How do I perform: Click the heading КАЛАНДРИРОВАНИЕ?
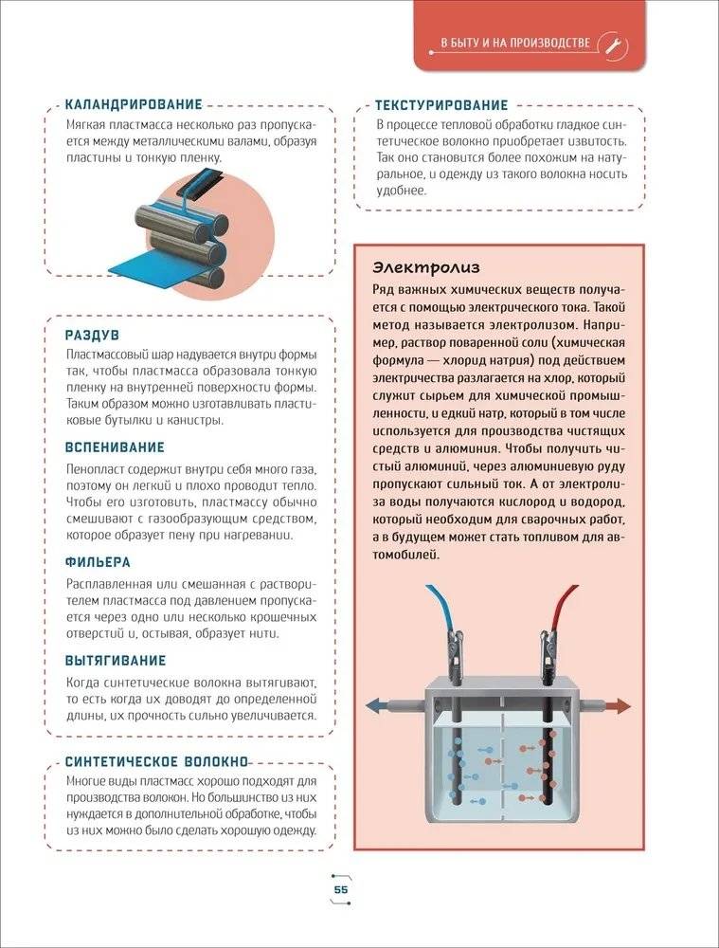[134, 104]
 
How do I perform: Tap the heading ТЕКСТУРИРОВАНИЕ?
[441, 105]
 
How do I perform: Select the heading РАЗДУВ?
[92, 336]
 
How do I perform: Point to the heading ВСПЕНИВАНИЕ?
[115, 447]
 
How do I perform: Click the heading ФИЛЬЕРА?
[98, 562]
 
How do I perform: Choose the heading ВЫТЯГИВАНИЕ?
[116, 660]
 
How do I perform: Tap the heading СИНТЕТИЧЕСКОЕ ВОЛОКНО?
[156, 761]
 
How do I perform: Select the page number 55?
[342, 888]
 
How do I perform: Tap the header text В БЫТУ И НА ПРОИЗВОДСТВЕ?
[516, 44]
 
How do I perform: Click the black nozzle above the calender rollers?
[199, 183]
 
